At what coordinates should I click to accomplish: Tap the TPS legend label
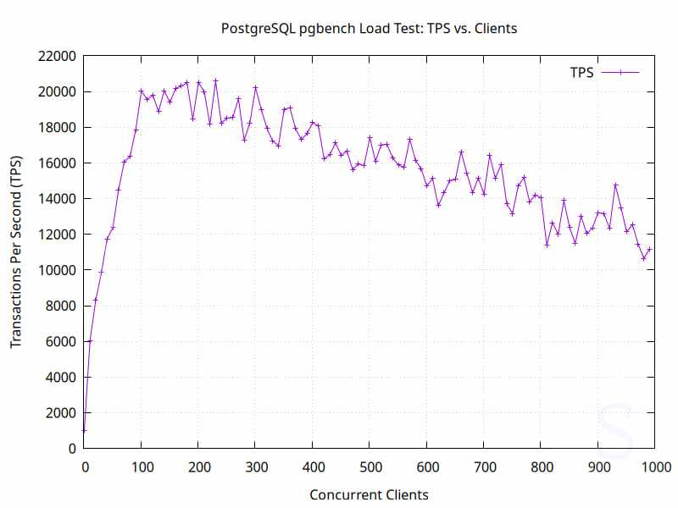pos(581,73)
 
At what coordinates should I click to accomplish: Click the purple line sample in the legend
pos(620,73)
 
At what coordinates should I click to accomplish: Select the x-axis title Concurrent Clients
pos(369,494)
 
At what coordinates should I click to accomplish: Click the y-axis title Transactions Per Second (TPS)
pos(16,252)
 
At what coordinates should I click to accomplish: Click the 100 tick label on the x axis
pos(141,466)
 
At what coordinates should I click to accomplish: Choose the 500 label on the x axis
pos(370,466)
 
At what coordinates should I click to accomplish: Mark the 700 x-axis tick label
pos(484,466)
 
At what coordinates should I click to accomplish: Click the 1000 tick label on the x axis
pos(655,466)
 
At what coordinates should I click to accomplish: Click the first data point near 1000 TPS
pos(84,430)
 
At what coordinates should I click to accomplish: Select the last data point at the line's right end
pos(649,249)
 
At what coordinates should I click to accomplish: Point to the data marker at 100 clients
pos(142,91)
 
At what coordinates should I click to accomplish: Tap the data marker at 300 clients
pos(255,87)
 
